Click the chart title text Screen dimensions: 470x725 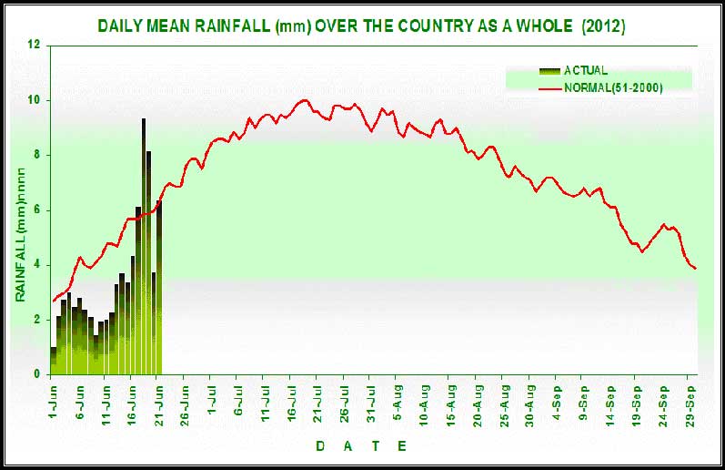(x=361, y=26)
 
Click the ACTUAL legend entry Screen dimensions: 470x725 (x=585, y=70)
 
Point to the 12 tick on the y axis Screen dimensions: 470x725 (x=35, y=45)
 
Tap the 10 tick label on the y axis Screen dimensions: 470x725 (x=35, y=99)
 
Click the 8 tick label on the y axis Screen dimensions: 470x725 (x=36, y=155)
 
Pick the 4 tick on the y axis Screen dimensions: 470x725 (x=36, y=265)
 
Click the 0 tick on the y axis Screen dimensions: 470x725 (x=36, y=374)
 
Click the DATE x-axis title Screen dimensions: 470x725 (x=361, y=445)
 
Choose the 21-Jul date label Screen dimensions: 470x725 (x=320, y=401)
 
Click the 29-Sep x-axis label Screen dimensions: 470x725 (x=693, y=401)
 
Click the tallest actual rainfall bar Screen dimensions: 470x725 (x=144, y=246)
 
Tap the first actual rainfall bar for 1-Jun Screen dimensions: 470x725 (x=54, y=361)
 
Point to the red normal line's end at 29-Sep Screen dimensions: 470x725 (x=696, y=269)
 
